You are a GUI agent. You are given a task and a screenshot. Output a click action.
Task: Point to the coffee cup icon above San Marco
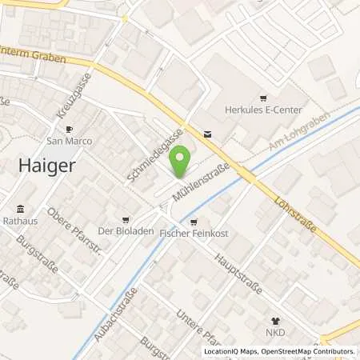tap(69, 129)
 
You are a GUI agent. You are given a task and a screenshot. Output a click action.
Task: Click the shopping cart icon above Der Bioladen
tap(124, 219)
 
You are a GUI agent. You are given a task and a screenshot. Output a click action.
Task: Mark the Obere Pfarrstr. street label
tap(77, 224)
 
